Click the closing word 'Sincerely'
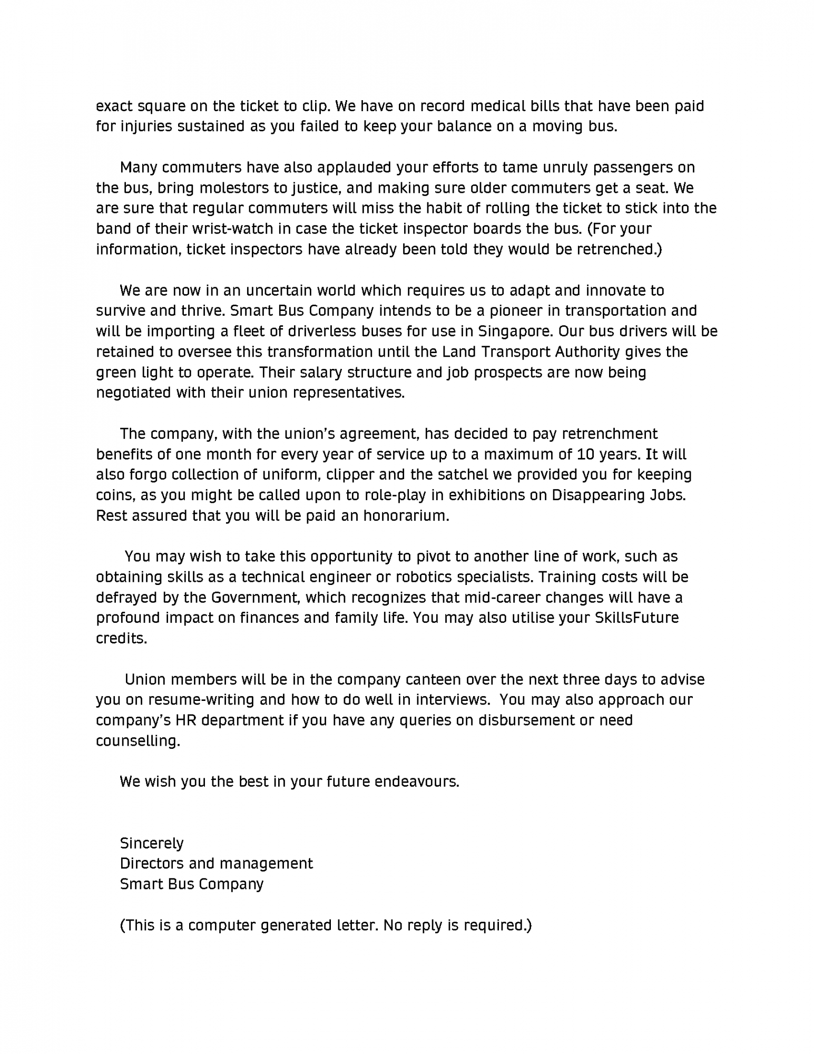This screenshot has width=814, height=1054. click(x=152, y=843)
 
